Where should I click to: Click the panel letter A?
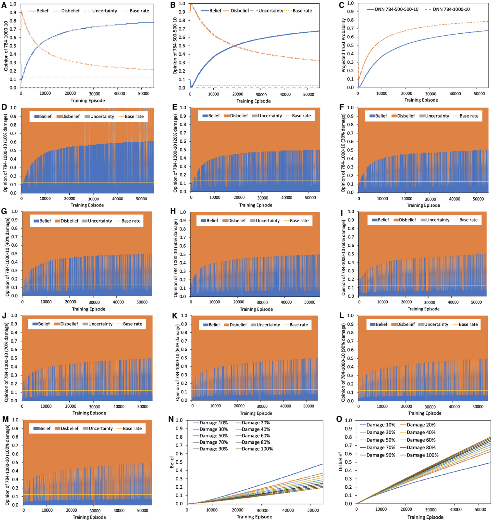4,5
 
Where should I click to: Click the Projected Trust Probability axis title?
343,45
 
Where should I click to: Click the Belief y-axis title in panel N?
172,462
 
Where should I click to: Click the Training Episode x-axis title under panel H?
256,309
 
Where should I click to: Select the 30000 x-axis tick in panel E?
262,198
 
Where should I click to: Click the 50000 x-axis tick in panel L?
478,407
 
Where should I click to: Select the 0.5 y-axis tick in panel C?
351,45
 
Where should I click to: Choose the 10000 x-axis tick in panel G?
46,302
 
